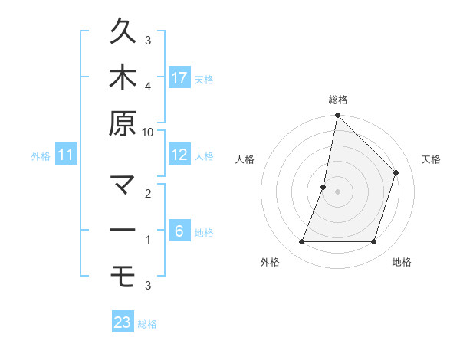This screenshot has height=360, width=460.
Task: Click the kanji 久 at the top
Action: (123, 33)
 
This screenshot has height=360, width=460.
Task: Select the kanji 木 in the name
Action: (123, 78)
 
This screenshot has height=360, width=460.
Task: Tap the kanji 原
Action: (123, 124)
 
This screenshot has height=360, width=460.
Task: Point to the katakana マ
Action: (123, 185)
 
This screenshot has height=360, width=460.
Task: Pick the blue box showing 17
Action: (179, 78)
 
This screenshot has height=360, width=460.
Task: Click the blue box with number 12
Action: (179, 155)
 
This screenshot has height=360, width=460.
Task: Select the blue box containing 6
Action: (179, 231)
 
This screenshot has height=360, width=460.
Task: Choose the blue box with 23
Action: (123, 322)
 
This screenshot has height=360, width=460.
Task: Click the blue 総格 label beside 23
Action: (148, 324)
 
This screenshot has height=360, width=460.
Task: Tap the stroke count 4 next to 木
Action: (148, 86)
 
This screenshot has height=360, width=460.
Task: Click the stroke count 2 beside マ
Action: (148, 193)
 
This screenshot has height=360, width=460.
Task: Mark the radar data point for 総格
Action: (337, 116)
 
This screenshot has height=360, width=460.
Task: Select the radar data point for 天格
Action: (396, 172)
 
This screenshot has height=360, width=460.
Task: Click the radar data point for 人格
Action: (324, 187)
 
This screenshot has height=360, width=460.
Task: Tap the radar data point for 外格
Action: (301, 242)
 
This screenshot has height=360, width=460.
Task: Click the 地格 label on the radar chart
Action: (402, 263)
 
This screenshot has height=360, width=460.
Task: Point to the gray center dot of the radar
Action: (337, 191)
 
